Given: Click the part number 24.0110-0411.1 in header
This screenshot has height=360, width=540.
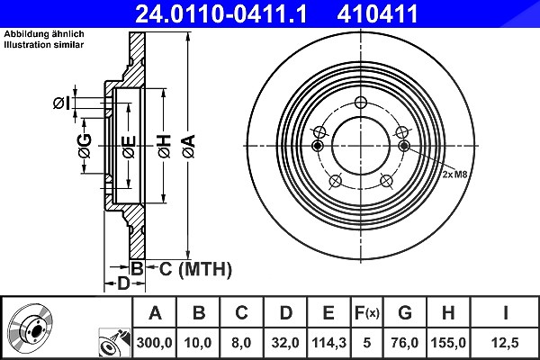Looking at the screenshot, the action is click(x=220, y=14).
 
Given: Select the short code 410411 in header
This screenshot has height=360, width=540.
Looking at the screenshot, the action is click(x=377, y=14).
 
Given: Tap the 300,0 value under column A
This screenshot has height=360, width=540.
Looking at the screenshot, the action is click(x=154, y=343).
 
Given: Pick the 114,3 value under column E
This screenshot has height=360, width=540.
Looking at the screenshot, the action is click(x=328, y=343).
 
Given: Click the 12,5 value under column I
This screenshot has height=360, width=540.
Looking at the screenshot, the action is click(x=505, y=343).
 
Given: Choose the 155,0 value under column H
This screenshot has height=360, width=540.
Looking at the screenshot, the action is click(x=448, y=343).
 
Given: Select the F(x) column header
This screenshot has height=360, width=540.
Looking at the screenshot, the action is click(x=367, y=313).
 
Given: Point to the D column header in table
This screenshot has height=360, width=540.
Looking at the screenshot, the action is click(x=285, y=313).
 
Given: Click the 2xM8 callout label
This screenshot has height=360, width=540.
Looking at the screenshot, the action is click(x=454, y=175).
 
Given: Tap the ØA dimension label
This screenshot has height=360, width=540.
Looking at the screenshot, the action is click(x=189, y=147).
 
